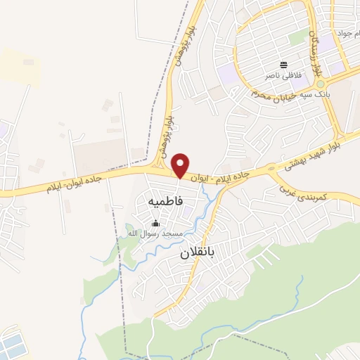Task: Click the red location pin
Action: point(181,165)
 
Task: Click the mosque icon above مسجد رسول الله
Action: point(156,223)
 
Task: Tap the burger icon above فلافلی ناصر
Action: point(283,64)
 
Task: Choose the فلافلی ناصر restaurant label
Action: point(283,74)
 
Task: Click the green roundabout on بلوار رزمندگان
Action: point(320,84)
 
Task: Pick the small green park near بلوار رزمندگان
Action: point(299,36)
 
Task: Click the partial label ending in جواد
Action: point(347,33)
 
